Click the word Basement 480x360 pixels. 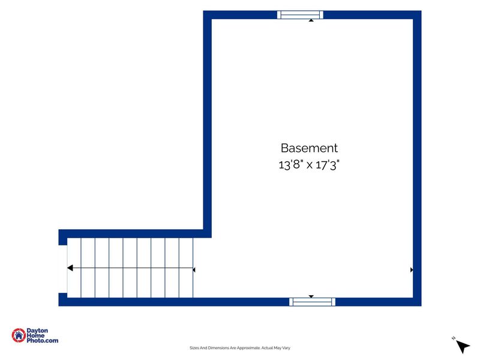pos(309,148)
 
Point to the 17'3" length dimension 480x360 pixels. pos(328,164)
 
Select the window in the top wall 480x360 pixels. pos(300,14)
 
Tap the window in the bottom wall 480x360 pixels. pos(312,302)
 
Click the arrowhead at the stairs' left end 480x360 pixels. pos(70,268)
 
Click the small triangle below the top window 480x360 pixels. pos(311,20)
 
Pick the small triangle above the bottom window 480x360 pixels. pos(311,296)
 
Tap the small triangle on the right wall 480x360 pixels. pos(412,269)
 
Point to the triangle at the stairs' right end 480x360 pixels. pos(194,269)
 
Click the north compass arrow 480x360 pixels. pos(463,346)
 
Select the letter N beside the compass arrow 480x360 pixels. pos(454,338)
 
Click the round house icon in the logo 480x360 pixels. pos(19,335)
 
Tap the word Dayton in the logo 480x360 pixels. pos(37,331)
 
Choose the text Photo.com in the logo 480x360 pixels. pos(42,340)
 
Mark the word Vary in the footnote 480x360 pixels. pos(286,348)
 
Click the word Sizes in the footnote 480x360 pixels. pos(194,348)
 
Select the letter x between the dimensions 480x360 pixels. pos(310,166)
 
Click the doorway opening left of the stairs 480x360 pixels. pos(63,269)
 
